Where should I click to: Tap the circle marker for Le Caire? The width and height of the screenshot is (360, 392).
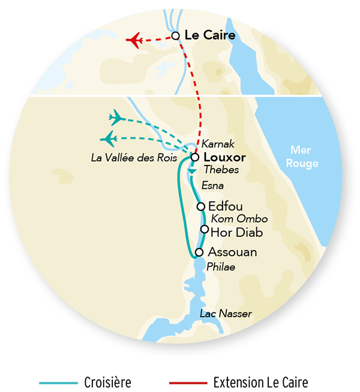click(176, 36)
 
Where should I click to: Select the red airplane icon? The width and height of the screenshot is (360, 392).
click(134, 41)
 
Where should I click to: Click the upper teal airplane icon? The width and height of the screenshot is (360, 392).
click(116, 117)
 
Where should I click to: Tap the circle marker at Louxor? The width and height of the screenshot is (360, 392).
click(194, 158)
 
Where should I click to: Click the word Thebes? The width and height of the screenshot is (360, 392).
click(217, 170)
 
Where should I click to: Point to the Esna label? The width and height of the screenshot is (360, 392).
click(212, 185)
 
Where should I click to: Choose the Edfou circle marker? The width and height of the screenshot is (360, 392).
click(201, 206)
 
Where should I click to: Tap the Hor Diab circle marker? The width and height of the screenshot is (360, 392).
click(205, 229)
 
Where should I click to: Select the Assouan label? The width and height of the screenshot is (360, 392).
click(232, 252)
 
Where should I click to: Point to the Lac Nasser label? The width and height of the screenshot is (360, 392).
click(226, 314)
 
